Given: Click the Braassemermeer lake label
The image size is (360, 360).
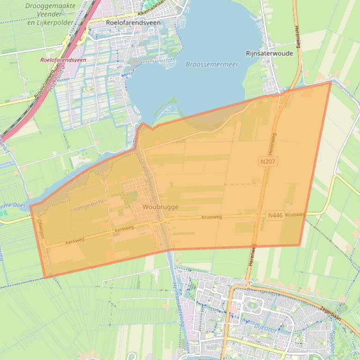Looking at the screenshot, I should coord(212,65).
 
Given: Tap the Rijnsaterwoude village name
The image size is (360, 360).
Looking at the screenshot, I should coord(269,53).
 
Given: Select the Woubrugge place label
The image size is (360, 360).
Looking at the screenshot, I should coord(161,207).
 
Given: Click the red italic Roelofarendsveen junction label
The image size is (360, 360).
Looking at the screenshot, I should coord(63,60).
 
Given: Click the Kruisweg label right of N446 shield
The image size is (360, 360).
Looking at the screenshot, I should coord(295,215).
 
